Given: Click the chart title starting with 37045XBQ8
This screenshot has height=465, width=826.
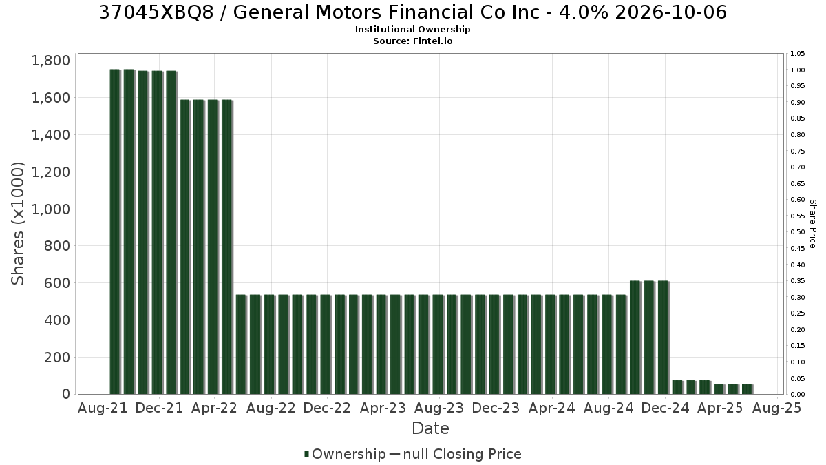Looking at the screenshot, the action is coord(412,12).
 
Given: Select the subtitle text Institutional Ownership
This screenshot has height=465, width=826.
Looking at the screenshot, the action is coord(412,30).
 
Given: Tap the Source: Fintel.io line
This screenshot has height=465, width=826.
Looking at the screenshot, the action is coord(412,41).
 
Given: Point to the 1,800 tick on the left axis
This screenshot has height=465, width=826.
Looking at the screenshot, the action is coord(51,61).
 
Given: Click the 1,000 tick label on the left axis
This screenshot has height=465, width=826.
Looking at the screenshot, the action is coord(51,209).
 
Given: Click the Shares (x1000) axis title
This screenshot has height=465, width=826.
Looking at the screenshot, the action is coord(17,224).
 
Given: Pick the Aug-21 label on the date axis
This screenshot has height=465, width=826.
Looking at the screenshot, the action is coord(103,408).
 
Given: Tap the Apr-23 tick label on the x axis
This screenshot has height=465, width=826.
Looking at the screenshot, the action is coord(383,408).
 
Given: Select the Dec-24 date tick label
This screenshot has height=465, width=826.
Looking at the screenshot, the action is coord(665,408).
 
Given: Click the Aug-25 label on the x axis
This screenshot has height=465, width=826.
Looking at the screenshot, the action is coord(777,408).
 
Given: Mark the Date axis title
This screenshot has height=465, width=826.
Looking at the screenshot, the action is coord(430,428).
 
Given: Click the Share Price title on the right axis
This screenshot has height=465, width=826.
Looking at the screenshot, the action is coord(812,224).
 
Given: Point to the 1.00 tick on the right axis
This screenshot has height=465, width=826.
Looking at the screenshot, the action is coord(797,70).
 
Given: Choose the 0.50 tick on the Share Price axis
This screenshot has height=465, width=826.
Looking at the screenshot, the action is coord(797,232).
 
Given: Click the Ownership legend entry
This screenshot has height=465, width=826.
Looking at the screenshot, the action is coord(345,454).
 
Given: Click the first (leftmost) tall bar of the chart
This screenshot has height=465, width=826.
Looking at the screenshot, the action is coord(115,231).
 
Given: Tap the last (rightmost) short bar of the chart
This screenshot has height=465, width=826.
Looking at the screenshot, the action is coord(747,389).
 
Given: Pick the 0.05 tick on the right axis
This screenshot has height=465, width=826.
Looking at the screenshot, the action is coord(797,379).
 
